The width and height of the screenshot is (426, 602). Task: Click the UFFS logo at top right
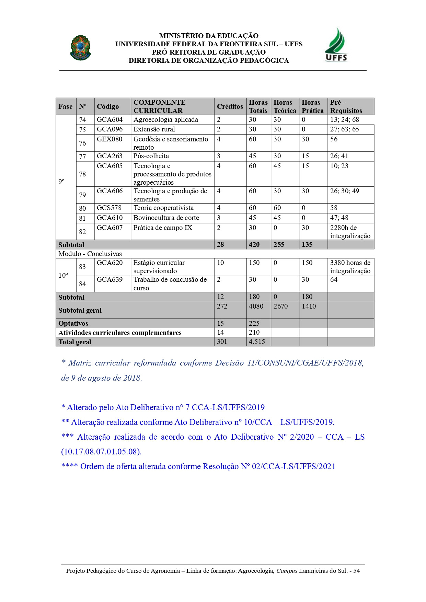tap(336, 46)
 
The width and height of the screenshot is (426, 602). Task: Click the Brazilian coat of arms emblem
tap(80, 48)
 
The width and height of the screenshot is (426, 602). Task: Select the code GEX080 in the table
tap(110, 139)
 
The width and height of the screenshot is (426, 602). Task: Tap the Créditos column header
tap(230, 106)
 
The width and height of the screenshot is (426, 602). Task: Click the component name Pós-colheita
tap(151, 156)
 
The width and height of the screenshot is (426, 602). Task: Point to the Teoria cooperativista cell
tap(163, 208)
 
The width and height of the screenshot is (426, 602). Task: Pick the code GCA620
tap(110, 263)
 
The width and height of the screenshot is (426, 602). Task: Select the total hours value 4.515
tap(257, 342)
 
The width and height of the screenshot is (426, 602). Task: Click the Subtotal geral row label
tap(80, 311)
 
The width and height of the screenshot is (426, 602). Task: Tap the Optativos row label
tap(73, 324)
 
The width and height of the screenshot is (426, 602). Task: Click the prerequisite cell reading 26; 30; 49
tap(345, 191)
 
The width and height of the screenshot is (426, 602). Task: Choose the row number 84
tap(82, 284)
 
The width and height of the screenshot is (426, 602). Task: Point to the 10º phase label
tap(63, 276)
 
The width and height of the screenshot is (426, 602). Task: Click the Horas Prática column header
tap(312, 106)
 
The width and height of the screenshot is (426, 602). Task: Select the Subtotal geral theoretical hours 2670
tap(280, 306)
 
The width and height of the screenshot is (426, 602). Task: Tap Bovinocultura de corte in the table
tap(166, 218)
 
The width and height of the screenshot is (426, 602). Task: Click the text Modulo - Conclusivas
tap(90, 254)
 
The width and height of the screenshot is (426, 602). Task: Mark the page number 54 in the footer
tap(356, 571)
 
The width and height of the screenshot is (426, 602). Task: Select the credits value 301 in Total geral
tap(222, 342)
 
